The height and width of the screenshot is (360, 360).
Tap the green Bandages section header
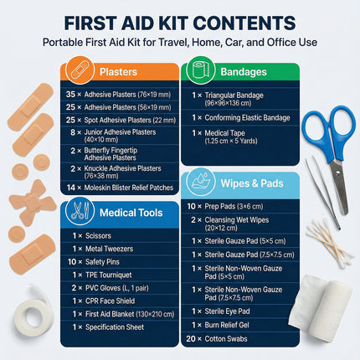coord(239,72)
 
